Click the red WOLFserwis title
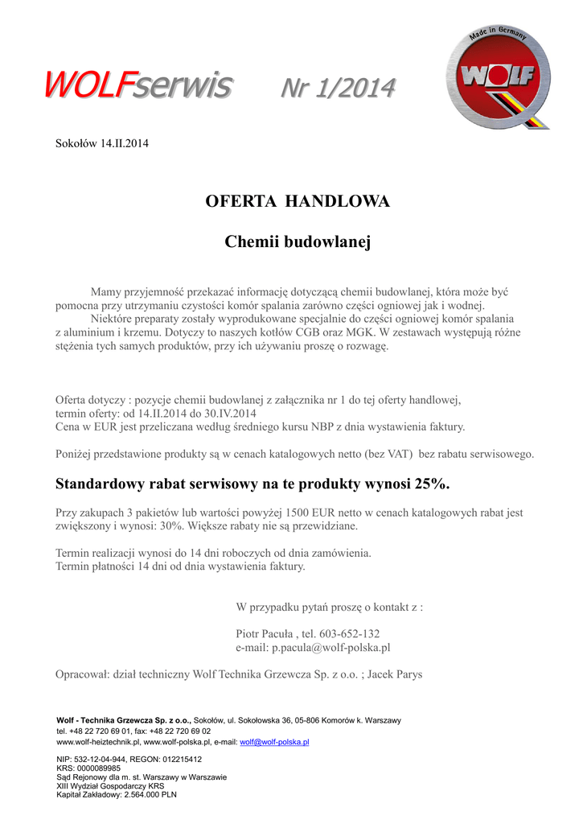coord(138,83)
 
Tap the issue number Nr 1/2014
coord(337,86)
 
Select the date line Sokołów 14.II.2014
coord(102,143)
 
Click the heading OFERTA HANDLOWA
coord(298,201)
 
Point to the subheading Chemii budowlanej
coord(298,241)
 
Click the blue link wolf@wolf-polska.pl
coord(274,742)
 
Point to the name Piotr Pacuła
coord(265,633)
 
